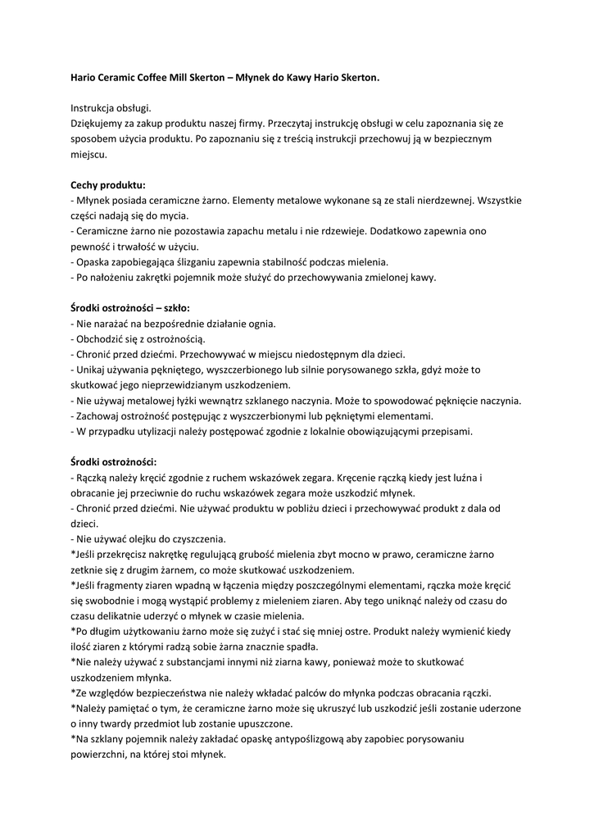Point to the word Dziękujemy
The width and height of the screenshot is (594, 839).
tap(99, 123)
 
